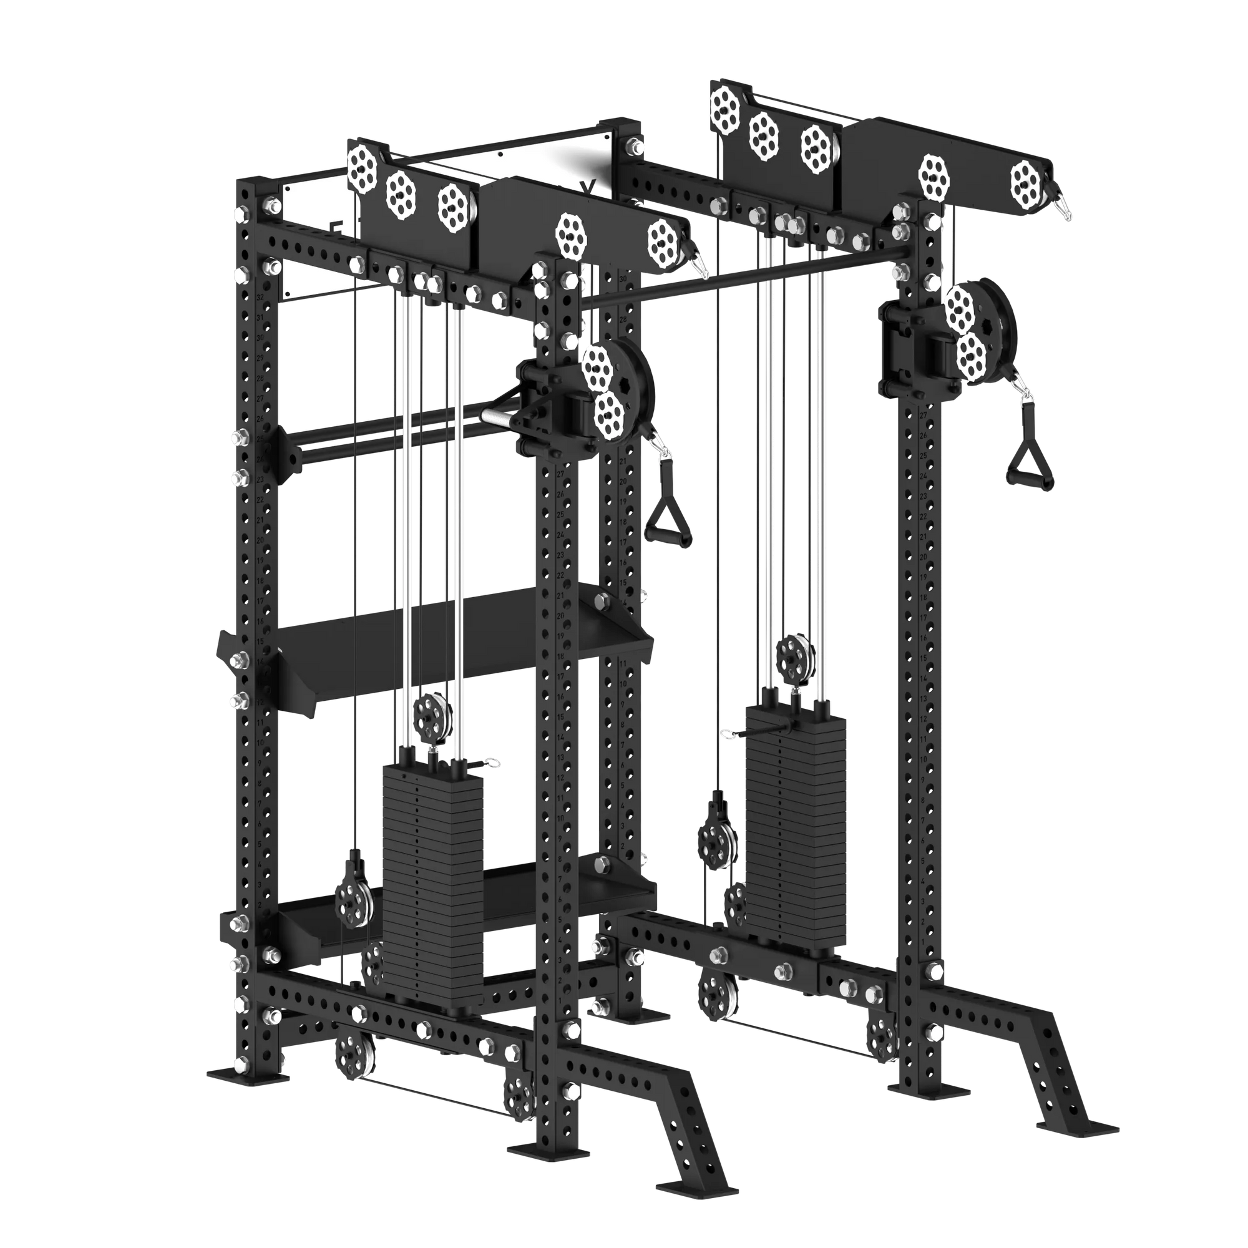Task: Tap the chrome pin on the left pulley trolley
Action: coord(497,417)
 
